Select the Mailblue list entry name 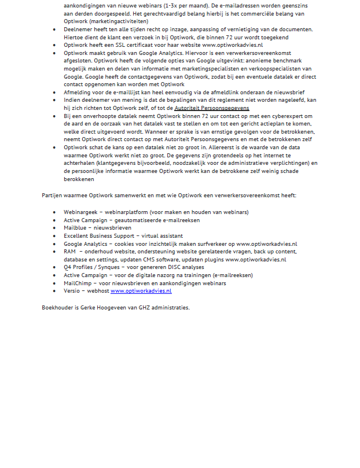tap(76, 228)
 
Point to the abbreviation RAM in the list tap(70, 252)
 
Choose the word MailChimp tap(78, 283)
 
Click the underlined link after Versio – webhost tap(141, 291)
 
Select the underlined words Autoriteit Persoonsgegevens tap(212, 108)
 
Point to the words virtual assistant tap(163, 236)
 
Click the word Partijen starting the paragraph tap(53, 196)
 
